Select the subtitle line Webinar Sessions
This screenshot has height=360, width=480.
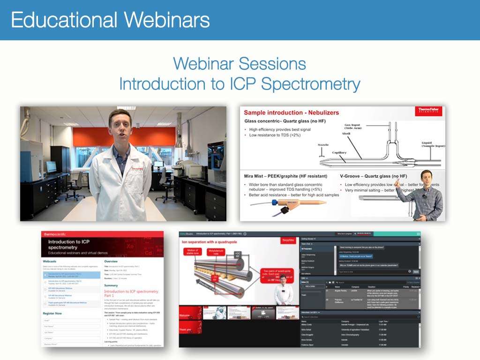pyautogui.click(x=240, y=64)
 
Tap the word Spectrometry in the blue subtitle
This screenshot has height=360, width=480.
pyautogui.click(x=310, y=84)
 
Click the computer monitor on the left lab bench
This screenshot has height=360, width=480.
pyautogui.click(x=51, y=166)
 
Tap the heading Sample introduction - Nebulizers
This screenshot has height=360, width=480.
pyautogui.click(x=292, y=113)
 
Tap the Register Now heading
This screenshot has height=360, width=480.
pyautogui.click(x=55, y=313)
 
